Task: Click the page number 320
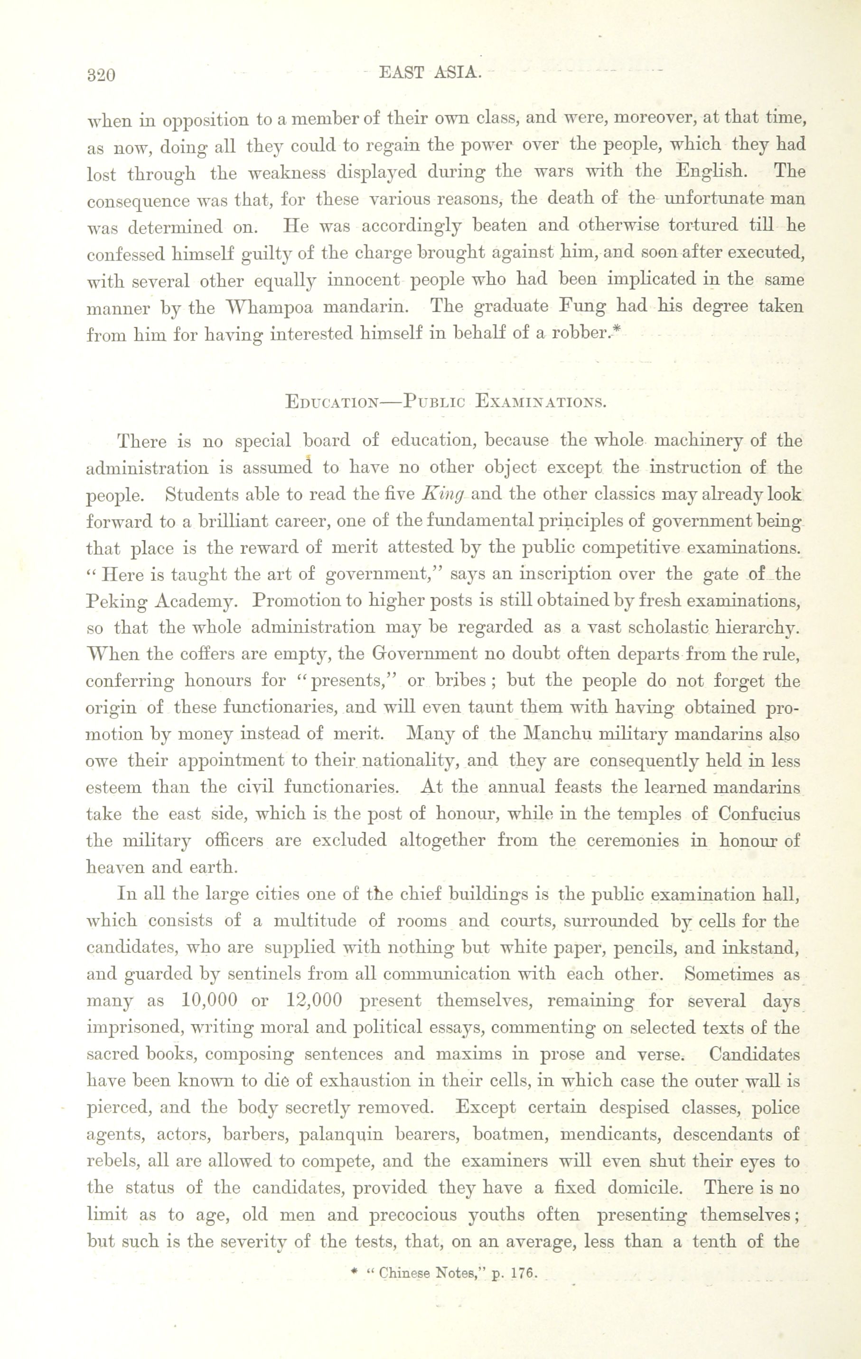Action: (x=102, y=75)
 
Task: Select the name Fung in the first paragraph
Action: (x=581, y=307)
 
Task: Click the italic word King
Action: (x=443, y=494)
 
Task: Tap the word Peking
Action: (x=115, y=602)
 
